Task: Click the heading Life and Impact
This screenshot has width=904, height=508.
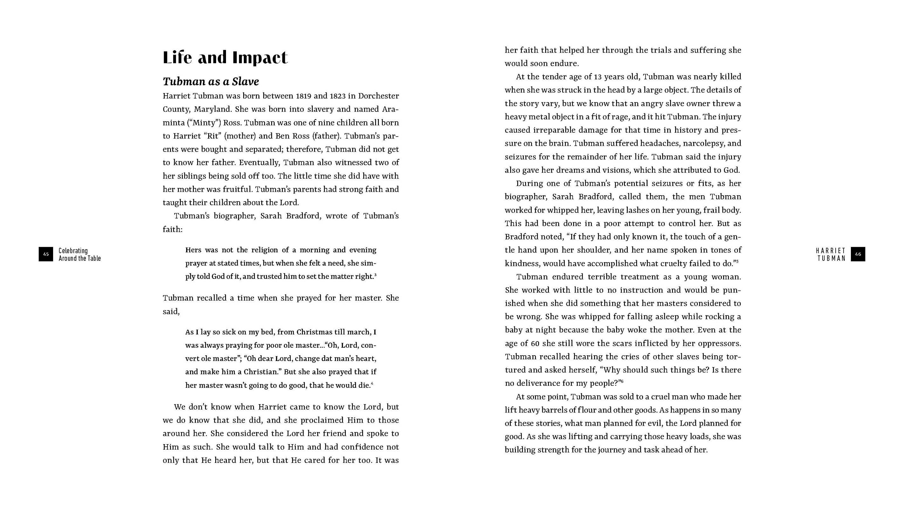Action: point(225,57)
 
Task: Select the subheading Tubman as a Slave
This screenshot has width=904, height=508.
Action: point(210,82)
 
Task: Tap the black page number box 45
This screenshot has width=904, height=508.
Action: point(46,254)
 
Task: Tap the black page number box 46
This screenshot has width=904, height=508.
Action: point(858,254)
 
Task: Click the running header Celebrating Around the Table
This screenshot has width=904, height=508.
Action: point(80,255)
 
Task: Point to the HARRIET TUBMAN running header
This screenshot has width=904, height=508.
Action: point(831,255)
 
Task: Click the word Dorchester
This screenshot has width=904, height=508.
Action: point(378,96)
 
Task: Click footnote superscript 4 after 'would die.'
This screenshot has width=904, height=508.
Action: point(372,384)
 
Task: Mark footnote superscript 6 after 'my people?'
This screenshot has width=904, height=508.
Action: point(622,381)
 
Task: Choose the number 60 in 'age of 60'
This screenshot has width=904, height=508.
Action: point(535,343)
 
